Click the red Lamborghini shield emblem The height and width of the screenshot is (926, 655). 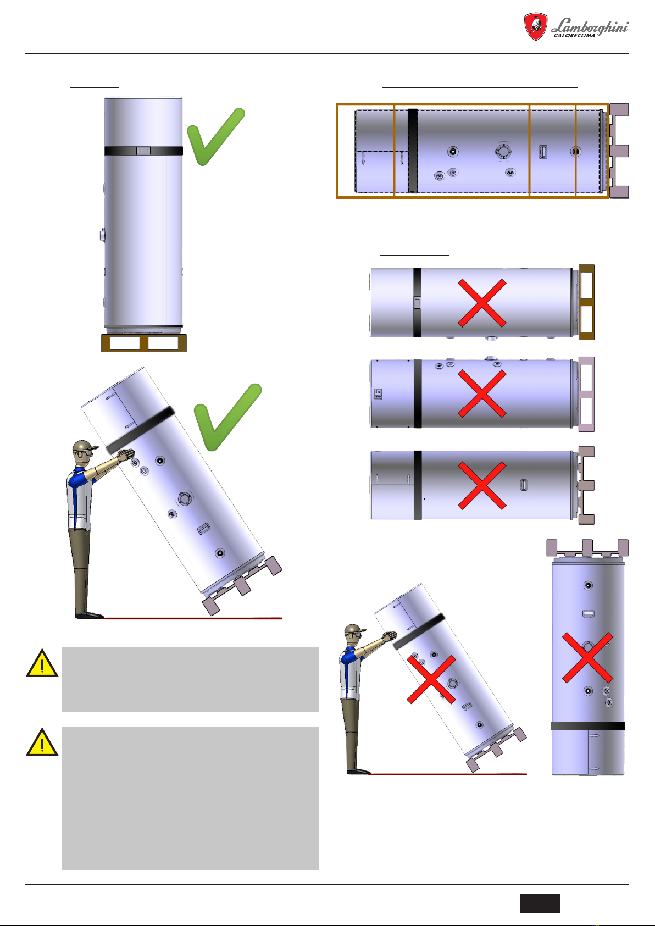(x=536, y=26)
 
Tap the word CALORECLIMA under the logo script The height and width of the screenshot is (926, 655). (x=574, y=36)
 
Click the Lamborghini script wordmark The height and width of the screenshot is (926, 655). (x=590, y=26)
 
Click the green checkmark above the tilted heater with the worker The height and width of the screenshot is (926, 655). (x=227, y=417)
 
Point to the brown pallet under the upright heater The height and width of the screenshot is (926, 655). (x=144, y=343)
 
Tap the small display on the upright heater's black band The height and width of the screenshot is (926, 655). (x=143, y=151)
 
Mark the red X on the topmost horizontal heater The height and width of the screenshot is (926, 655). (x=482, y=303)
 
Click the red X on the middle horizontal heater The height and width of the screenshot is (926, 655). (x=482, y=393)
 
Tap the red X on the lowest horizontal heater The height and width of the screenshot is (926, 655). (x=482, y=485)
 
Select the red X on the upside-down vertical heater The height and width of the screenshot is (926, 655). (x=587, y=657)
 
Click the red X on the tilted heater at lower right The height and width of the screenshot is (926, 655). (x=431, y=679)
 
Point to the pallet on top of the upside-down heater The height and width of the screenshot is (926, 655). (x=587, y=548)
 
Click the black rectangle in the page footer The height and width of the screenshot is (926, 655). (x=540, y=903)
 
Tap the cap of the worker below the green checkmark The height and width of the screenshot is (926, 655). (x=85, y=446)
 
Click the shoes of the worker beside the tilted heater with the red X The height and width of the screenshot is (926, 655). (x=358, y=771)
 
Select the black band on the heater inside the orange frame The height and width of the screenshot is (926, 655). (x=413, y=151)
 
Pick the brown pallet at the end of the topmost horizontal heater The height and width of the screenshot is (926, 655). (x=586, y=302)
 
